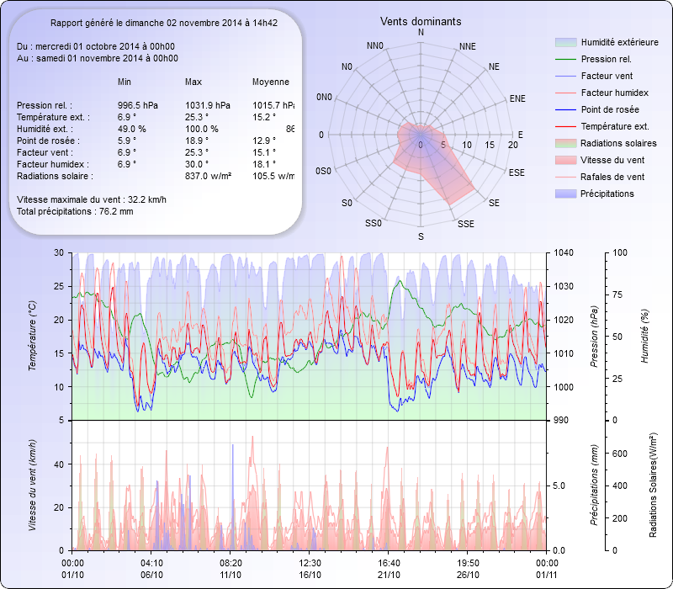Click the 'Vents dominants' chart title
421,21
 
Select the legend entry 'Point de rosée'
609,110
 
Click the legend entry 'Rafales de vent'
612,178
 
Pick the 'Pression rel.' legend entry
606,60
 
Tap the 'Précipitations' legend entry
607,194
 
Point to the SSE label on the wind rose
465,224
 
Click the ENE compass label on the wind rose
517,98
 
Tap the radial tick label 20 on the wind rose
512,146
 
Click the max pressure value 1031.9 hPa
208,105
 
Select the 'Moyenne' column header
270,82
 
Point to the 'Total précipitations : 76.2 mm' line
75,211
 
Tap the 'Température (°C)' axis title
33,337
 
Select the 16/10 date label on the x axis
310,575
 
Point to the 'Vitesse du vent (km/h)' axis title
33,485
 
